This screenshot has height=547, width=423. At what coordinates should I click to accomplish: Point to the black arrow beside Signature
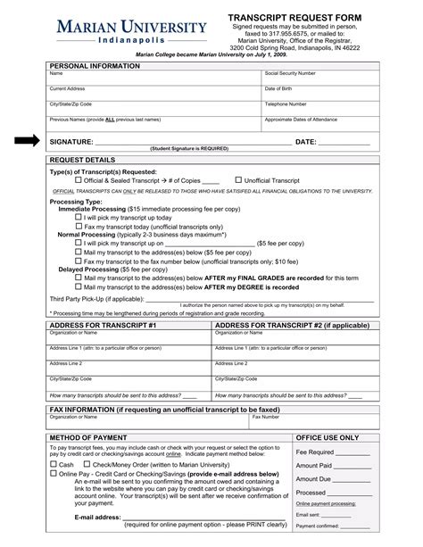[x=28, y=141]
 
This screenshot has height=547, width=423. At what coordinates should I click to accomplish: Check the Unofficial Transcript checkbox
[x=238, y=180]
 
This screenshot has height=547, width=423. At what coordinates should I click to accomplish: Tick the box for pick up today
[x=79, y=217]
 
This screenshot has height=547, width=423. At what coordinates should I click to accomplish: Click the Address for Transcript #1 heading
[x=104, y=326]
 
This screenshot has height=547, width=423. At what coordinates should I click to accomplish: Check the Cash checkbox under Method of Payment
[x=54, y=465]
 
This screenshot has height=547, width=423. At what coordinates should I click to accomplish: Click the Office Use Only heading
[x=328, y=438]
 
